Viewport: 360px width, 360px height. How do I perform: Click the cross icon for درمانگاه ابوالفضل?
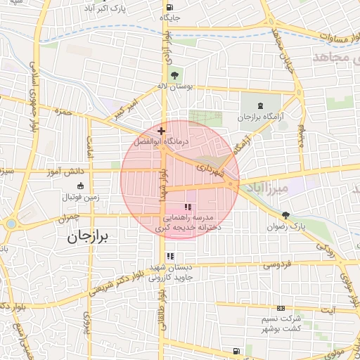tap(162, 131)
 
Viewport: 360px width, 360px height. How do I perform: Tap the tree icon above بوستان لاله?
tap(173, 75)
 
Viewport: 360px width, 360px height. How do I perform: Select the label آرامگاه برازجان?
tap(262, 117)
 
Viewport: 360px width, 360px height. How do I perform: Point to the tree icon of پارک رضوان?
tap(285, 215)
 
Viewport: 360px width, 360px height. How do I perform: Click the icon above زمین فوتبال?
tap(79, 186)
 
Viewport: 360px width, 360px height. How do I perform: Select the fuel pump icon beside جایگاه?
tap(163, 15)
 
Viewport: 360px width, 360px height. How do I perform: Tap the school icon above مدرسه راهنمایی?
tap(187, 207)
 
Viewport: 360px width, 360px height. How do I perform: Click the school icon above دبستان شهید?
tap(170, 256)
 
